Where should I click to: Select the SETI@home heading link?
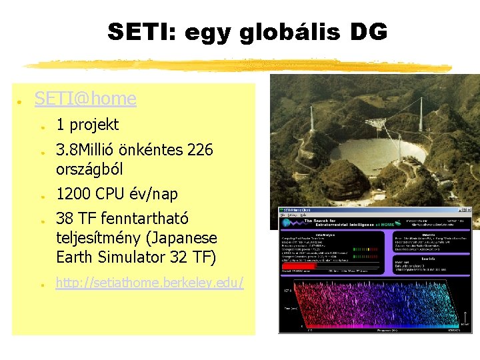[85, 99]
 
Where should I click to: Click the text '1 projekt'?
[87, 125]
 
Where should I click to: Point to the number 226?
[200, 150]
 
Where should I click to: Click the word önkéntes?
[151, 150]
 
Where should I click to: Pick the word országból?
[89, 169]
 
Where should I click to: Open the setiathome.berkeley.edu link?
[149, 283]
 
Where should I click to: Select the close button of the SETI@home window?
[467, 211]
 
